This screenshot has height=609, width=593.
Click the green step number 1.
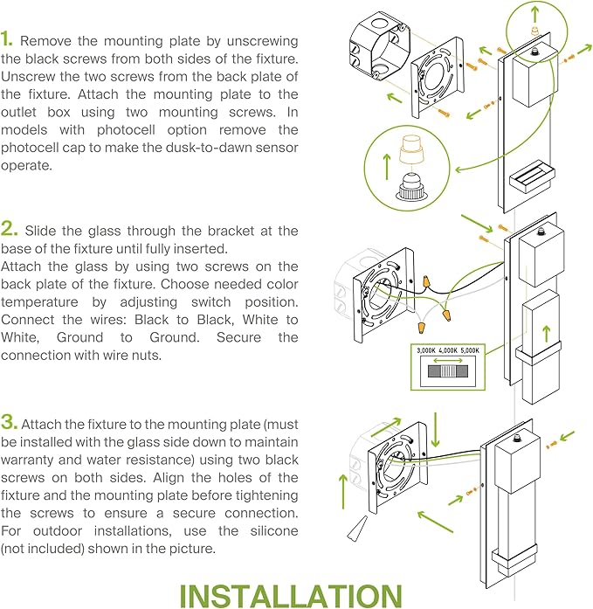pos(7,40)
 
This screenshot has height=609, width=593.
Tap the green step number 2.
pos(9,230)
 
